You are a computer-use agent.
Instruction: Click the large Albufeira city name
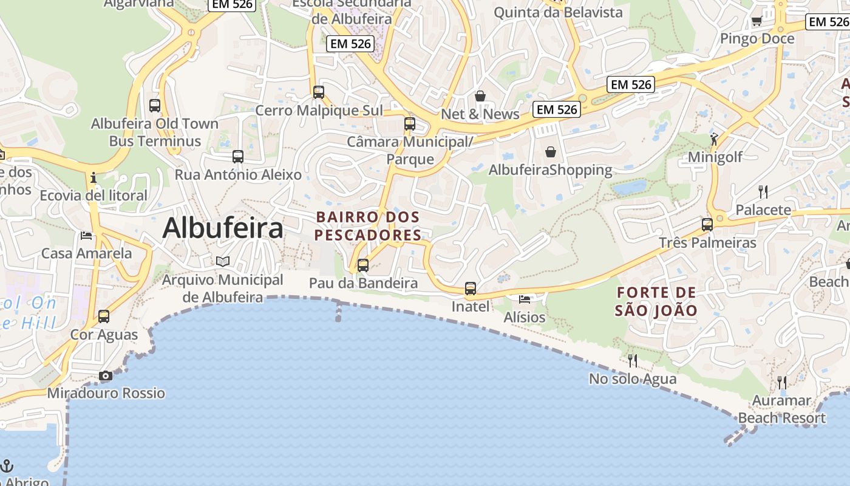[223, 228]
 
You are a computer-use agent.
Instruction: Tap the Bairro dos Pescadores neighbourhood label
[368, 226]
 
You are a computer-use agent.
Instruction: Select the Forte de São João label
[656, 302]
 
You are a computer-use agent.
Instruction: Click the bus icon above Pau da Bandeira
[363, 265]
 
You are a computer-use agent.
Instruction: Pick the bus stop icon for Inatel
[471, 289]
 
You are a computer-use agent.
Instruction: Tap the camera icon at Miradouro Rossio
[106, 376]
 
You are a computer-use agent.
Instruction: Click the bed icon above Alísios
[525, 299]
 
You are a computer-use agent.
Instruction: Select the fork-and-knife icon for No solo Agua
[633, 361]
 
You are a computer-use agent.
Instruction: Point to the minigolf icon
[715, 139]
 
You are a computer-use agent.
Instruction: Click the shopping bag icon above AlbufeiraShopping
[551, 152]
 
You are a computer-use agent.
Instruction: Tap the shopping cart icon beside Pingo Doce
[756, 22]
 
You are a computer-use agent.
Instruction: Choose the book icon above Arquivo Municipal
[223, 262]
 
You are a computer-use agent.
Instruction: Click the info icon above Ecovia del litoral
[93, 178]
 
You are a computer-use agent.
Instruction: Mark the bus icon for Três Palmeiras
[707, 225]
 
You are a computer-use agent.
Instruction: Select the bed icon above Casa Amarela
[86, 236]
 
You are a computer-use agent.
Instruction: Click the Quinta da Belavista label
[558, 12]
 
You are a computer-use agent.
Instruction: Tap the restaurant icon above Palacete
[763, 192]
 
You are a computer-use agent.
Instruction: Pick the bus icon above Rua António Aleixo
[238, 157]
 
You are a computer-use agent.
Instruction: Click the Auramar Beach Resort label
[781, 409]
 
